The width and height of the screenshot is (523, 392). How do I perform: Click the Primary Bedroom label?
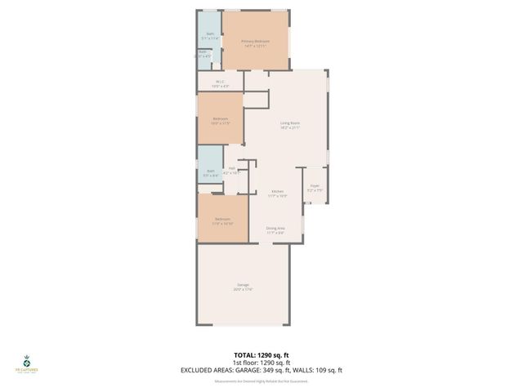click(255, 41)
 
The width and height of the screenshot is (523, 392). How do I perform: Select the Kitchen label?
click(278, 192)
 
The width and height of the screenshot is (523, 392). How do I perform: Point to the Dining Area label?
click(275, 228)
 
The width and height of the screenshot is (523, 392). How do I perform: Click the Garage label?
click(244, 284)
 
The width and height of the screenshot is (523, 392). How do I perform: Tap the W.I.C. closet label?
click(220, 81)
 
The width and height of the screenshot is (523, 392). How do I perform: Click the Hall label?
click(232, 168)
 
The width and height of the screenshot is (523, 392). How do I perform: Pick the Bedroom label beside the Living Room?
click(221, 119)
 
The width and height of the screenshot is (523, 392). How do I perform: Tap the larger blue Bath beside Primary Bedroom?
click(209, 35)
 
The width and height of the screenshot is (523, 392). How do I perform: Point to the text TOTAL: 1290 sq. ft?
click(261, 355)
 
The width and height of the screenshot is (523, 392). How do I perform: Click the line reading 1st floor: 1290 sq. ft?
click(261, 363)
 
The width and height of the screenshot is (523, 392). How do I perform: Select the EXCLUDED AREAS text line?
click(261, 370)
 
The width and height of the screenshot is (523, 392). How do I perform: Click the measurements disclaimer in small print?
click(261, 381)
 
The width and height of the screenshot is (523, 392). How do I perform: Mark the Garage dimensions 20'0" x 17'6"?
click(244, 290)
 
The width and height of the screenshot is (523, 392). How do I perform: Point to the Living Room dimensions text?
click(290, 128)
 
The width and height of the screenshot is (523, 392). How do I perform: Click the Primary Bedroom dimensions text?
click(255, 46)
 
